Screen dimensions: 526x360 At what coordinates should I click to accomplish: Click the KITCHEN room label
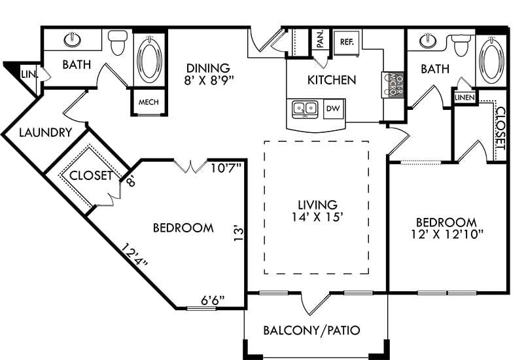click(332, 81)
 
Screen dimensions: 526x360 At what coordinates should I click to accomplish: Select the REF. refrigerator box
click(347, 41)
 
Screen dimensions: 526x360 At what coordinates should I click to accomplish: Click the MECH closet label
click(150, 103)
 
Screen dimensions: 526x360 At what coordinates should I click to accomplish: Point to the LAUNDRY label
click(45, 133)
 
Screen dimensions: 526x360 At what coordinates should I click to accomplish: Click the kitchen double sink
click(305, 108)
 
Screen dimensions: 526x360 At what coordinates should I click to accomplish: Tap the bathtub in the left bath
click(150, 58)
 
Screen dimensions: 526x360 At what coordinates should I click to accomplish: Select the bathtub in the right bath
click(491, 60)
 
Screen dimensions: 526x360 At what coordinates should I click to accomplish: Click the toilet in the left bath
click(118, 43)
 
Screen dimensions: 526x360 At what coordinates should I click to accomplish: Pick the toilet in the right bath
click(461, 44)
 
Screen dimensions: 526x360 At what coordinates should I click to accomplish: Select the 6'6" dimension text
click(212, 300)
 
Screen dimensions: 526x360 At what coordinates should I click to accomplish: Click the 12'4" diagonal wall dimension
click(135, 255)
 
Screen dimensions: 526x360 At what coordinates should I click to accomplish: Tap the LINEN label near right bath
click(464, 98)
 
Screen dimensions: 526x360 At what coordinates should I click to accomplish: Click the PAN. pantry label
click(320, 39)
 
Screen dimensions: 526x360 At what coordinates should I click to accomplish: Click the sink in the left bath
click(73, 40)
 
